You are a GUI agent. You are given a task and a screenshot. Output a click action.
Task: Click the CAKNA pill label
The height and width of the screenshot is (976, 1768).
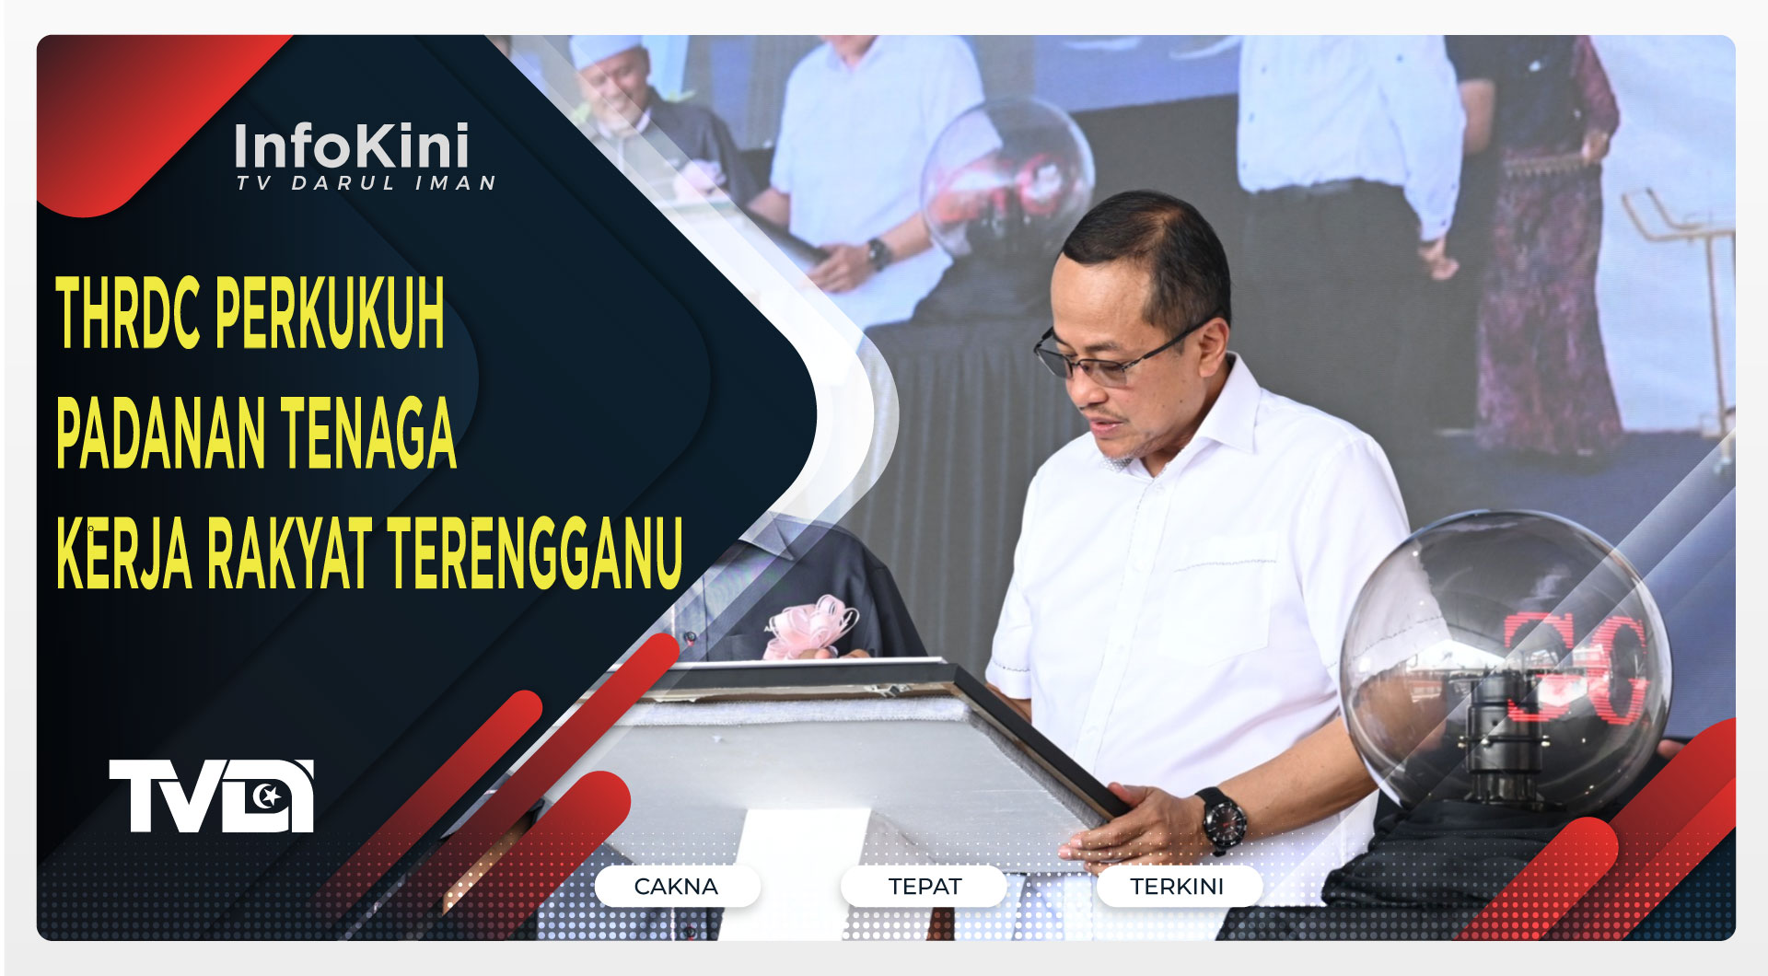coord(676,887)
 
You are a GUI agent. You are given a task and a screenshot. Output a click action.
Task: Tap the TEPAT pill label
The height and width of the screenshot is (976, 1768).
coord(924,887)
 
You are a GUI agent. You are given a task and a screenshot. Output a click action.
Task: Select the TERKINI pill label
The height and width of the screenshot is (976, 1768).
coord(1177,887)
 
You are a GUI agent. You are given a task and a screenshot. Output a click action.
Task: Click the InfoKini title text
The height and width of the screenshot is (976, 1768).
coord(352,147)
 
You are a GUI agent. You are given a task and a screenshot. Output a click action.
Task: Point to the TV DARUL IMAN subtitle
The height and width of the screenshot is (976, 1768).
coord(366,183)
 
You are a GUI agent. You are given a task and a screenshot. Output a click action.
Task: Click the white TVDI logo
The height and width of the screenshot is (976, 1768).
coord(211,796)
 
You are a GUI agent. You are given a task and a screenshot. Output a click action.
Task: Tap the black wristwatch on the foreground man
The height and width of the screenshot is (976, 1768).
coord(1221,819)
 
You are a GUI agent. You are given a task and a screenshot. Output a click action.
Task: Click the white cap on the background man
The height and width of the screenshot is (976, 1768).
coord(605,51)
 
